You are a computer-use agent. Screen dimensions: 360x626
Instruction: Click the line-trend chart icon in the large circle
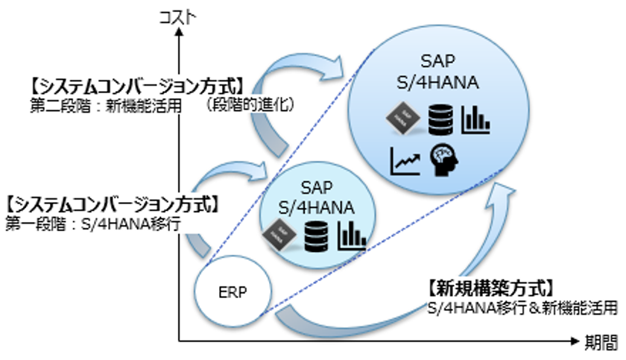(405, 158)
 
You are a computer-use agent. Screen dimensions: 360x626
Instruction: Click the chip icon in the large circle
(402, 119)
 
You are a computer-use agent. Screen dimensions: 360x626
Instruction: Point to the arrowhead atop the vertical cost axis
(180, 34)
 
